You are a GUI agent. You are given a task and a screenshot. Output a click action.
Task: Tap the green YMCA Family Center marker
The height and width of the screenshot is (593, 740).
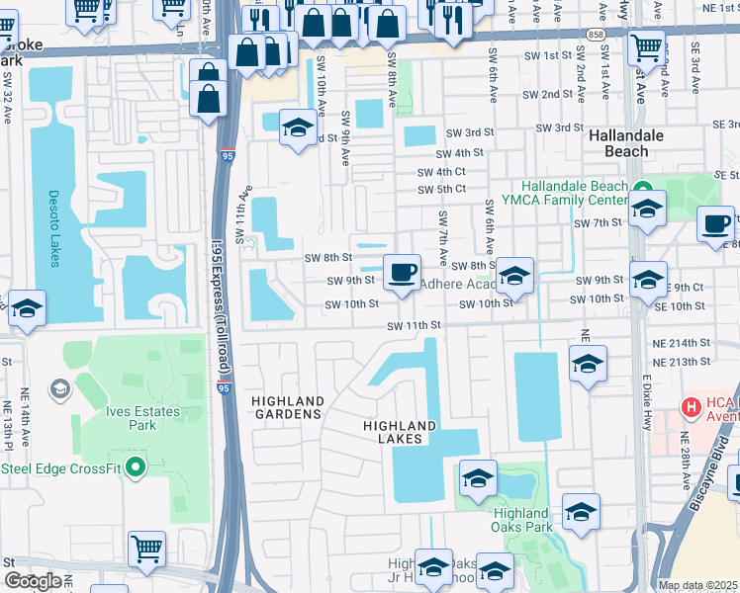click(x=639, y=187)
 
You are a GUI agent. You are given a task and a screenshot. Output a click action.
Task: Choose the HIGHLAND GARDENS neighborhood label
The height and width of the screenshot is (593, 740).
click(x=287, y=407)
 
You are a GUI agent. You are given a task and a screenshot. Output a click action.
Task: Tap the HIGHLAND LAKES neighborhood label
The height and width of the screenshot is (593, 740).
click(x=400, y=432)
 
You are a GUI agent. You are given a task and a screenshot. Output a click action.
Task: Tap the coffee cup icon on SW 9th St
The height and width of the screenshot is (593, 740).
click(x=401, y=272)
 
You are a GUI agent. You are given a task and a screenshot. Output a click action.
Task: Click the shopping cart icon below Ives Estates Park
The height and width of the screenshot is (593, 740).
click(x=146, y=548)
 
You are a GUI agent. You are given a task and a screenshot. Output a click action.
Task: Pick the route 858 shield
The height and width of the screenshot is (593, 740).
click(x=594, y=33)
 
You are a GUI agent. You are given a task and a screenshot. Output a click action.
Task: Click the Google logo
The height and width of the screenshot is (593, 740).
click(x=32, y=581)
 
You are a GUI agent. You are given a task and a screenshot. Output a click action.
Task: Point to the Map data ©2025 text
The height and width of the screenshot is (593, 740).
click(x=697, y=585)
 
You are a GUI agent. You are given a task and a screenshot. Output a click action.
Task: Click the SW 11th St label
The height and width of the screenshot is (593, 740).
click(x=413, y=325)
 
